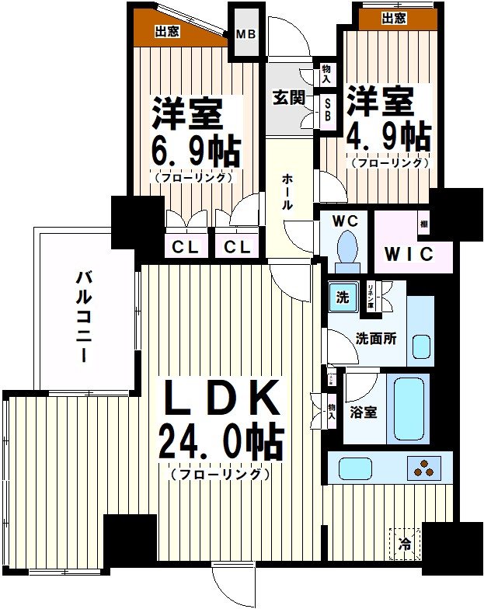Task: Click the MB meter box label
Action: pos(246,33)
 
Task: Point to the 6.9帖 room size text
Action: pos(194,149)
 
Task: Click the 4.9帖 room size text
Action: pos(388,137)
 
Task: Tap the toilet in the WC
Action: pos(346,248)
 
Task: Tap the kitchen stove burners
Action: pos(423,468)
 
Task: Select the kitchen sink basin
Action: pos(357,468)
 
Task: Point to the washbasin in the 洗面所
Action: pos(420,346)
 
